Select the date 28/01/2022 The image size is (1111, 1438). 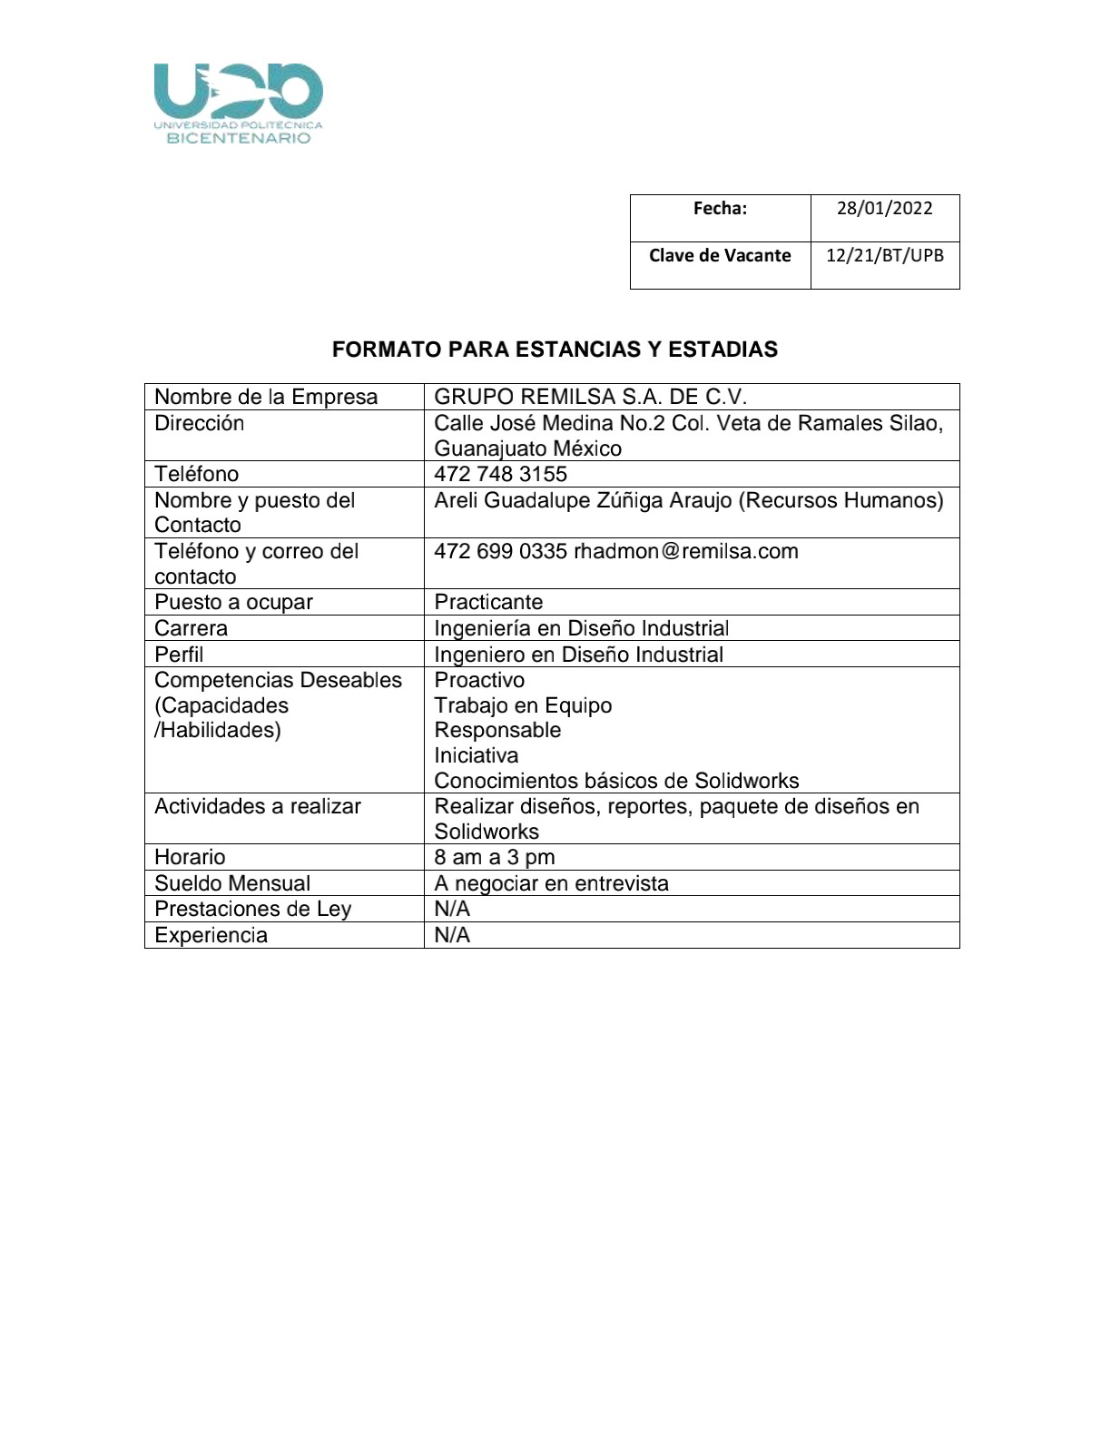click(884, 209)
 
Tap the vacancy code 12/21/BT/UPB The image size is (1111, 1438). click(884, 256)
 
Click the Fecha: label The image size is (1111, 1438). click(720, 209)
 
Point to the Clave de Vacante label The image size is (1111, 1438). click(720, 256)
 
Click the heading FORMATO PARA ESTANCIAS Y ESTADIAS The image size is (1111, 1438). click(555, 350)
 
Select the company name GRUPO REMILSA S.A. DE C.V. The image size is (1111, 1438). click(590, 398)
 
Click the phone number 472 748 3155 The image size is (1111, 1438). click(500, 475)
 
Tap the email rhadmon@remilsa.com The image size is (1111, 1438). click(686, 552)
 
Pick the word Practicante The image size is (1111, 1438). click(488, 603)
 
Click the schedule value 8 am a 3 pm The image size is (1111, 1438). click(495, 858)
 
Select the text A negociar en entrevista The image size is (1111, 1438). click(551, 884)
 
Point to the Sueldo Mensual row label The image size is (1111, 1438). click(232, 884)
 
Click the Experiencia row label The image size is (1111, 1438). click(211, 936)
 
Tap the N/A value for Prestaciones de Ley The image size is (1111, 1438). click(452, 910)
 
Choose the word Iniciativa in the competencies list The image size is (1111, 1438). click(477, 756)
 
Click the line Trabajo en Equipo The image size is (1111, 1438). click(523, 706)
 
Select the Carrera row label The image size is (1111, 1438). click(191, 629)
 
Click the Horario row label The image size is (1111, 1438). click(190, 858)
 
